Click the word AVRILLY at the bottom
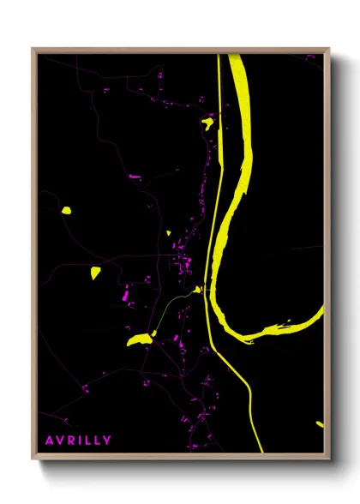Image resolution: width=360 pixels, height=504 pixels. click(78, 441)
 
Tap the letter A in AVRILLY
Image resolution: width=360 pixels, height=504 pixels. click(50, 441)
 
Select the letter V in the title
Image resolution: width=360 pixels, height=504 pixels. click(60, 441)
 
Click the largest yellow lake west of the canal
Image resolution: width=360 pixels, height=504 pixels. click(138, 339)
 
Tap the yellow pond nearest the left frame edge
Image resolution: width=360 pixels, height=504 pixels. click(66, 209)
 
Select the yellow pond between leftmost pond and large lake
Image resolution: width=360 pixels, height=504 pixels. click(95, 273)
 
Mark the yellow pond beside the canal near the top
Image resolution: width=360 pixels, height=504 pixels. click(207, 123)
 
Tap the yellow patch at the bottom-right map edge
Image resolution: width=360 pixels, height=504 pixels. click(320, 423)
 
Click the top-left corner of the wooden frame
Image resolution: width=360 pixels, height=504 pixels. click(33, 50)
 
